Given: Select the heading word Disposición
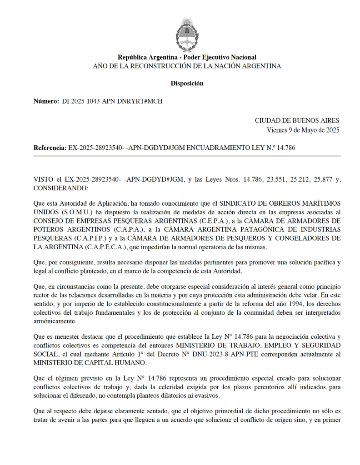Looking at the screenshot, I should (x=187, y=84).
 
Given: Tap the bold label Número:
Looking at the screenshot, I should (x=46, y=101).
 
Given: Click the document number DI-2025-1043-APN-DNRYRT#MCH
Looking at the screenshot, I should (x=112, y=101).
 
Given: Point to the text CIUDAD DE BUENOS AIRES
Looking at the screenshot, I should (x=297, y=121).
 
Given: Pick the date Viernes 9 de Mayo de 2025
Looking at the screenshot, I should (x=303, y=130).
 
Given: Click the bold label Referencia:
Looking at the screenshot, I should (x=50, y=148).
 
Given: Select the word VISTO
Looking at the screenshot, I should (x=44, y=180).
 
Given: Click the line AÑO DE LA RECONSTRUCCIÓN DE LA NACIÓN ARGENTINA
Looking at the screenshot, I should (x=187, y=66).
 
